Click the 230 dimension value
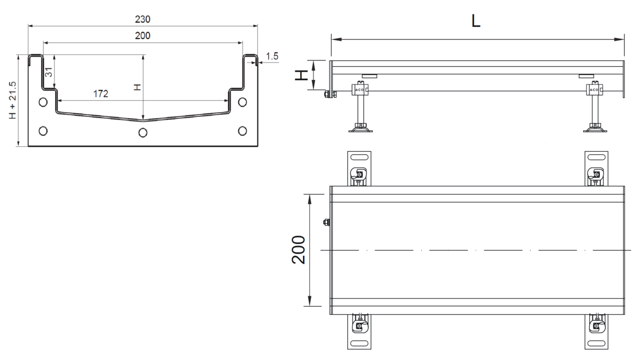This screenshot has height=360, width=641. click(143, 19)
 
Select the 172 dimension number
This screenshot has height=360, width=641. click(101, 93)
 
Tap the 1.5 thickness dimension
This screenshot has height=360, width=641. click(272, 56)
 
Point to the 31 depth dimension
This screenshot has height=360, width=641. click(49, 72)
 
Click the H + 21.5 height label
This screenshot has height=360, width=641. click(13, 100)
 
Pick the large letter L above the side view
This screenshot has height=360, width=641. click(475, 21)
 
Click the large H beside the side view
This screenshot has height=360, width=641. click(301, 75)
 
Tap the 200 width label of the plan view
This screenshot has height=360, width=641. click(299, 250)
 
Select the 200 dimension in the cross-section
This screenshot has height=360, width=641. click(143, 35)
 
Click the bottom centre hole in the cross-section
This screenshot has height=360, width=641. click(143, 132)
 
